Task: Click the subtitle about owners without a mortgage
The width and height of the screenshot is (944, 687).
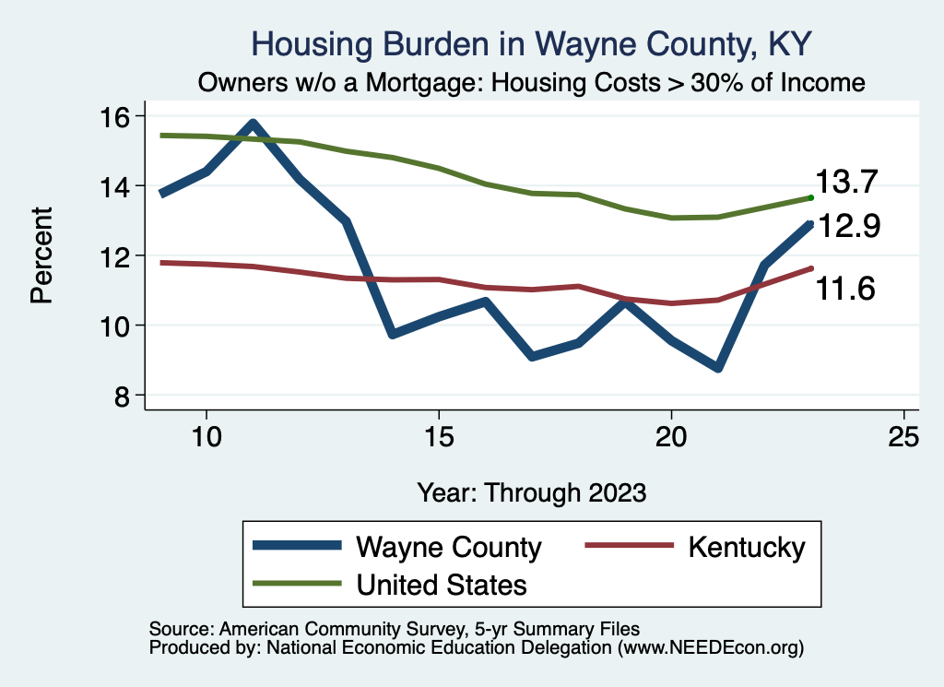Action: click(x=532, y=83)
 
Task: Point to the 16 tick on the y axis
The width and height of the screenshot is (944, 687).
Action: click(x=117, y=116)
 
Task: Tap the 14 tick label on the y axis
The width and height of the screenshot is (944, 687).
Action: click(x=117, y=186)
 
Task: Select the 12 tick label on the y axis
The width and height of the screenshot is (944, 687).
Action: click(x=117, y=255)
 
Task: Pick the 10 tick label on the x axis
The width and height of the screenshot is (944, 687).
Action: click(x=206, y=436)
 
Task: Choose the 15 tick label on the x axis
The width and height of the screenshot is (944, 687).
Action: click(x=438, y=436)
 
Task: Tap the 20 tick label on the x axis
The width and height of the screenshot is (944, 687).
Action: click(x=671, y=436)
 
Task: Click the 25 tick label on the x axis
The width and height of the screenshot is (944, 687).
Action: click(x=903, y=436)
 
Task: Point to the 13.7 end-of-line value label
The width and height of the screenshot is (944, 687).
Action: click(x=845, y=183)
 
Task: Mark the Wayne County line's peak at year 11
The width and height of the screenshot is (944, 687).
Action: click(x=253, y=124)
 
